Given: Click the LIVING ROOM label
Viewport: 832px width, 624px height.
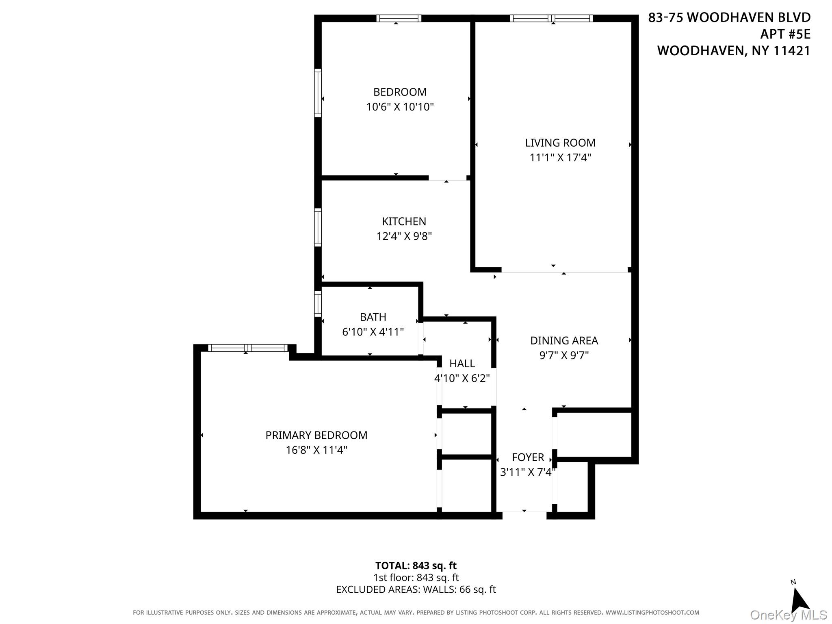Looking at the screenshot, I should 560,143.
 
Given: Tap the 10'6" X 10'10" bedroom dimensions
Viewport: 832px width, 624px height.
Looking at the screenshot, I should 400,107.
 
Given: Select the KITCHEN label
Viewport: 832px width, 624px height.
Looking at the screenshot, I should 404,221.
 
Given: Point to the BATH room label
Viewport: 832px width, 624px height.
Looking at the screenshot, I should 373,317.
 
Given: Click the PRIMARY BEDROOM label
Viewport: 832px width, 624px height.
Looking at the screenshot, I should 316,435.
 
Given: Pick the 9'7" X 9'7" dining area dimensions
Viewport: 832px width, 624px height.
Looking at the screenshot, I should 564,355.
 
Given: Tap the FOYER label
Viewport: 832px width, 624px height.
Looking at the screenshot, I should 527,457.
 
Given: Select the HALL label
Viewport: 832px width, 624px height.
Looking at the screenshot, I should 462,363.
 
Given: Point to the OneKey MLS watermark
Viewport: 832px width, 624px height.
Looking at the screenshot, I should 788,615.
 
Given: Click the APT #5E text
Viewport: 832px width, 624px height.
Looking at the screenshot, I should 785,34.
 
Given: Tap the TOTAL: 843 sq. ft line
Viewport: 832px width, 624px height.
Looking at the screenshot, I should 416,565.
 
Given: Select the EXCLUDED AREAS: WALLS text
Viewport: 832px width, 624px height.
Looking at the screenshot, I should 416,589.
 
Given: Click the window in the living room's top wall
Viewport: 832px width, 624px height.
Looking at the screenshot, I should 551,18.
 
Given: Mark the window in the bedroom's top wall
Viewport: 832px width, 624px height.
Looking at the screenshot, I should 399,18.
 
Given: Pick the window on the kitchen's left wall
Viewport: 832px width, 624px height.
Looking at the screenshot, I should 318,227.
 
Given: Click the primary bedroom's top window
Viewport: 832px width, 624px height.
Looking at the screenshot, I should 247,348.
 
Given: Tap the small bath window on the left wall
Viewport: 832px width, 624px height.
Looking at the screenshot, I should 318,303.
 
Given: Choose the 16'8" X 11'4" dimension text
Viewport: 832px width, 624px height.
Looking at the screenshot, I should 316,450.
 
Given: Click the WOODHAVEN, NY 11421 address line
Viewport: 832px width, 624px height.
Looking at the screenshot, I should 733,51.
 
